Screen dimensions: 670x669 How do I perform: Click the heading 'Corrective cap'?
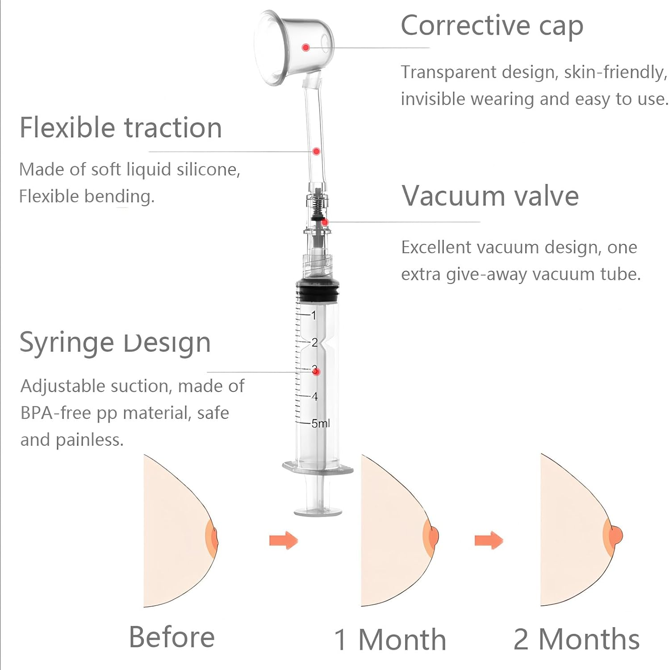pyautogui.click(x=492, y=26)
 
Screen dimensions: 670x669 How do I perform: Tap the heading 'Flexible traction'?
pyautogui.click(x=121, y=128)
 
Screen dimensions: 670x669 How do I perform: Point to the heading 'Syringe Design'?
pyautogui.click(x=115, y=343)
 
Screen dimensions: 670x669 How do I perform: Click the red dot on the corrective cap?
pyautogui.click(x=306, y=47)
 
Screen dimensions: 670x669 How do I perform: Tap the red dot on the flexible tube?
pyautogui.click(x=316, y=151)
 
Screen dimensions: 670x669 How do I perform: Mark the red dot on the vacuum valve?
pyautogui.click(x=325, y=222)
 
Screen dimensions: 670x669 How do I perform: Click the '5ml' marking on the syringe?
pyautogui.click(x=320, y=423)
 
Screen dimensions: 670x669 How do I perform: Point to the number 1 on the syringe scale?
pyautogui.click(x=314, y=315)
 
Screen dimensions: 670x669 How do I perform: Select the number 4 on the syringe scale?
pyautogui.click(x=315, y=397)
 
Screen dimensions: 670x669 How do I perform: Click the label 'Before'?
pyautogui.click(x=171, y=637)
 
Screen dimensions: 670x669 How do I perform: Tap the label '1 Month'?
pyautogui.click(x=390, y=640)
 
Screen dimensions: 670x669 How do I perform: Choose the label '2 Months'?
pyautogui.click(x=577, y=640)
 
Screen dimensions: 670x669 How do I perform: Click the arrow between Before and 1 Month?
pyautogui.click(x=284, y=540)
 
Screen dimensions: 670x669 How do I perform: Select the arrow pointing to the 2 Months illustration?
pyautogui.click(x=489, y=540)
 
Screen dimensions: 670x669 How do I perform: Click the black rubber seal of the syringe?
pyautogui.click(x=318, y=291)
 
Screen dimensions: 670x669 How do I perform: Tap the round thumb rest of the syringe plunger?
pyautogui.click(x=318, y=511)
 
